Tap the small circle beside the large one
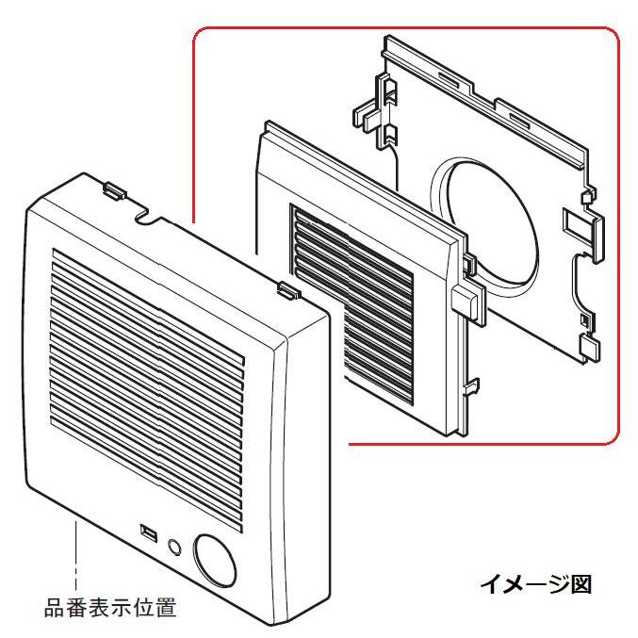click(x=174, y=548)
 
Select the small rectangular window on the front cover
click(x=149, y=533)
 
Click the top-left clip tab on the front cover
click(x=114, y=190)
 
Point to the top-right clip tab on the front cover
click(x=289, y=290)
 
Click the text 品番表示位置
click(x=110, y=608)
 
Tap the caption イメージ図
click(x=536, y=584)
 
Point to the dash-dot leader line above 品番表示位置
click(x=75, y=555)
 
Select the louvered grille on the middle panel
click(x=352, y=304)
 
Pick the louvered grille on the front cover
click(x=147, y=390)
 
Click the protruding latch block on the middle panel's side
click(x=468, y=302)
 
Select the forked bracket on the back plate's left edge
click(x=376, y=112)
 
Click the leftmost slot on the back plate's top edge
click(x=449, y=79)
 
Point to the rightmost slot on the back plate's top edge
click(x=520, y=120)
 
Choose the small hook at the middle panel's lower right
click(x=472, y=385)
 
